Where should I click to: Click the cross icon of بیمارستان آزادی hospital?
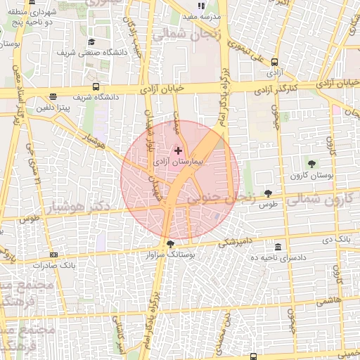[x=178, y=150]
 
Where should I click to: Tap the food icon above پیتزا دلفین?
[x=54, y=97]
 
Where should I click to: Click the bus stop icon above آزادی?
[x=274, y=62]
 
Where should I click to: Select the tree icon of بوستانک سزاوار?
[x=171, y=243]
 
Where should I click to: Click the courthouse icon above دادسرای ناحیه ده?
[x=278, y=247]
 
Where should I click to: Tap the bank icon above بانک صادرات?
[x=53, y=255]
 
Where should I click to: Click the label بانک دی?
[x=335, y=240]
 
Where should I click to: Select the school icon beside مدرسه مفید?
[x=201, y=6]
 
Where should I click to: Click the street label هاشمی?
[x=328, y=300]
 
